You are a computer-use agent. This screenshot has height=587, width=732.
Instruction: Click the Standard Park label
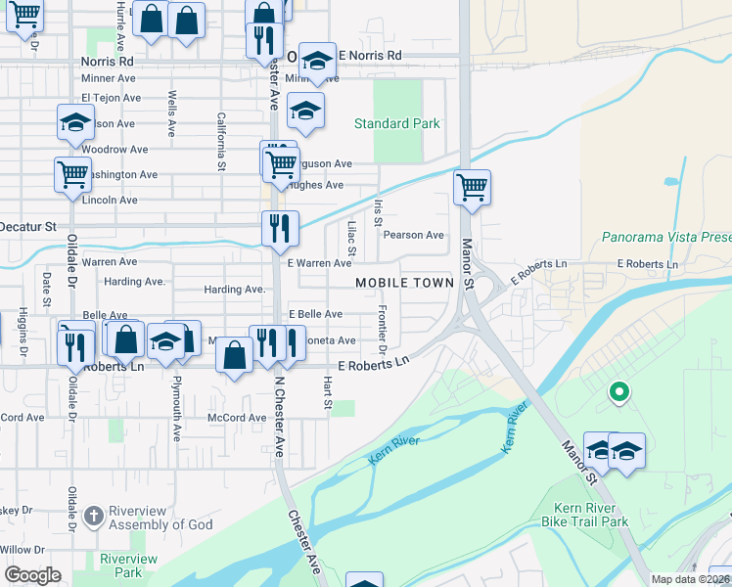coord(396,124)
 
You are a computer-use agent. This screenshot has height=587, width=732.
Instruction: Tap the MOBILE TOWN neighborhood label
coord(404,283)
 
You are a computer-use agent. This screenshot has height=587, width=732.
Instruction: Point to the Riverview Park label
coord(128,564)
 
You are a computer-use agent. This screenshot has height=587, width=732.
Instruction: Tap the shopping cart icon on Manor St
coord(472,187)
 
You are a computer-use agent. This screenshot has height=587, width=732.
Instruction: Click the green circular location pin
coord(618,392)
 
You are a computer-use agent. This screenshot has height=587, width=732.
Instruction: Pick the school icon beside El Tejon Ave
coord(75,121)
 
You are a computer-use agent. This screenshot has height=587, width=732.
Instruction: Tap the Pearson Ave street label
coord(413,235)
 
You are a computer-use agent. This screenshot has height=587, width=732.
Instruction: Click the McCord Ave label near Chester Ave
coord(237,418)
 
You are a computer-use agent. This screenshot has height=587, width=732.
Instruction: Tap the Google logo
coord(32,575)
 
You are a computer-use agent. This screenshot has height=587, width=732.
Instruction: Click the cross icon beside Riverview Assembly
coord(93,516)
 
